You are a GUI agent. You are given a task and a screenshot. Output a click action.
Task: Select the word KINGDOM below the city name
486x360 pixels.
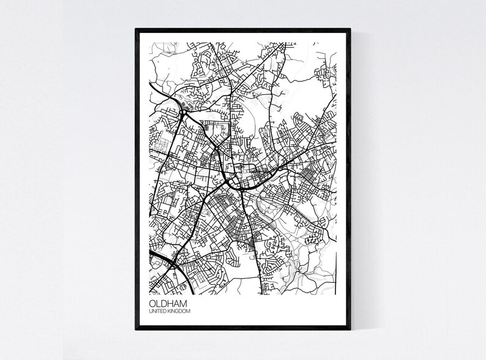179,312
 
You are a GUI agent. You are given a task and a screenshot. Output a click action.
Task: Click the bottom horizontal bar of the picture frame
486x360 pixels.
243,328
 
